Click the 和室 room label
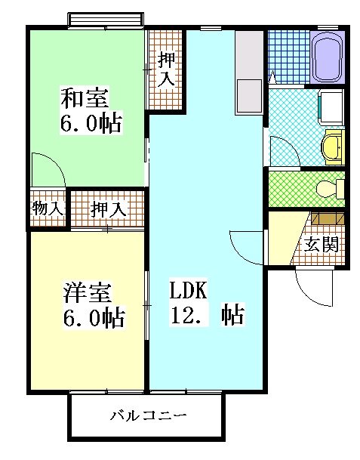click(85, 98)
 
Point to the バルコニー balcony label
click(148, 415)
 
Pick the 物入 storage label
click(48, 208)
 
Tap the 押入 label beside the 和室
click(167, 69)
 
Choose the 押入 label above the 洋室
click(108, 209)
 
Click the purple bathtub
click(328, 58)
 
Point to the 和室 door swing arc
click(48, 168)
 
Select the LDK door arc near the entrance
click(246, 246)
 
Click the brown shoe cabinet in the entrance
click(327, 221)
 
